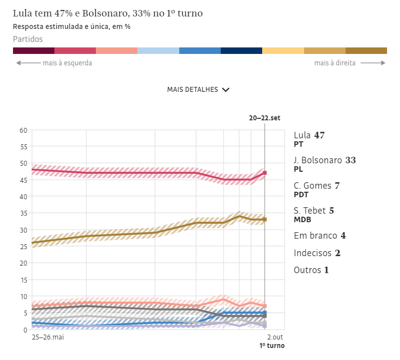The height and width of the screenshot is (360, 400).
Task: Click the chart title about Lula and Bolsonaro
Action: [x=108, y=13]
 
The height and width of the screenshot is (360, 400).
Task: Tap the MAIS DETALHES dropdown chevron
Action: [x=226, y=90]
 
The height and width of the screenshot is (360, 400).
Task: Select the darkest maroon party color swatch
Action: [x=33, y=50]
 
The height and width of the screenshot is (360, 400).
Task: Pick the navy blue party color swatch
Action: [x=241, y=50]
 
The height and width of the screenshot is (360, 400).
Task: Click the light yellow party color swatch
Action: [x=283, y=50]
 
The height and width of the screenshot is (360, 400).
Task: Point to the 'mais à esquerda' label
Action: [x=67, y=63]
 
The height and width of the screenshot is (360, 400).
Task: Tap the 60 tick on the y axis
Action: [x=23, y=130]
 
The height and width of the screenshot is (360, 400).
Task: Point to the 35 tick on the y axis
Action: [x=23, y=213]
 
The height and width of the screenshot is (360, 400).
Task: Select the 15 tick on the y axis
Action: [x=23, y=280]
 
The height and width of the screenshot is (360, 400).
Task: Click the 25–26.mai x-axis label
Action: [x=48, y=338]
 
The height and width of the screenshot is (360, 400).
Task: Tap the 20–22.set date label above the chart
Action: [x=265, y=118]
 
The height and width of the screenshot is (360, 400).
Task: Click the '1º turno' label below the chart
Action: [x=272, y=346]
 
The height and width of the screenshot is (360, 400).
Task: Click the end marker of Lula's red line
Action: [x=265, y=173]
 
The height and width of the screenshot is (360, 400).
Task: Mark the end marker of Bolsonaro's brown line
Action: [x=265, y=219]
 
